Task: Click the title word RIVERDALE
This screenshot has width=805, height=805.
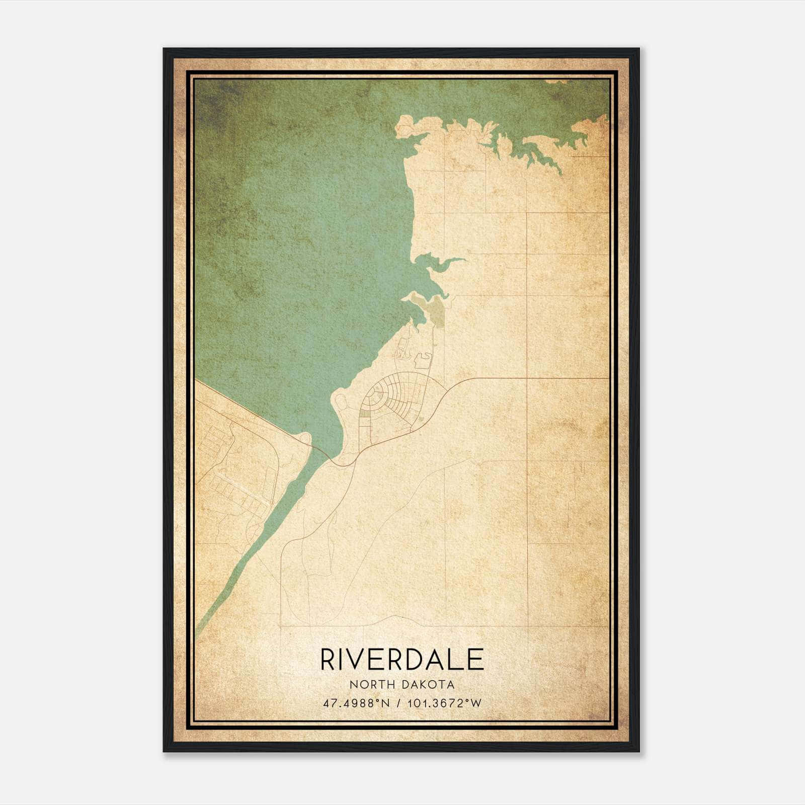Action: point(402,660)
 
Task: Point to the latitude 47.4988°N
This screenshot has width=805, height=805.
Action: point(357,703)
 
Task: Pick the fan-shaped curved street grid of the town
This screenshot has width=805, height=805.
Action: point(392,403)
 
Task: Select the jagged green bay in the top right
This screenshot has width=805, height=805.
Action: point(528,146)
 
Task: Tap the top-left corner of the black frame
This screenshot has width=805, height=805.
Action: point(165,49)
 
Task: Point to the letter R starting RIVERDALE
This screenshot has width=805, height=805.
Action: point(328,660)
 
